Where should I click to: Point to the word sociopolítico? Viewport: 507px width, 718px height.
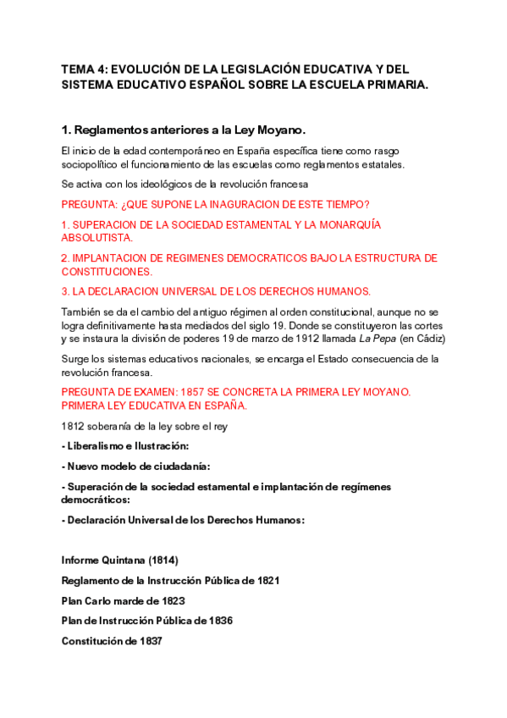pos(94,164)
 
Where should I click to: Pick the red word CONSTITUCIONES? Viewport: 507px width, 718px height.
pos(107,272)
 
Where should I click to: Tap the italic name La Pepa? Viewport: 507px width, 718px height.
pos(377,339)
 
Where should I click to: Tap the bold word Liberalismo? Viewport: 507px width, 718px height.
pos(96,445)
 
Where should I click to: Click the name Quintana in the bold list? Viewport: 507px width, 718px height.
pos(125,561)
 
